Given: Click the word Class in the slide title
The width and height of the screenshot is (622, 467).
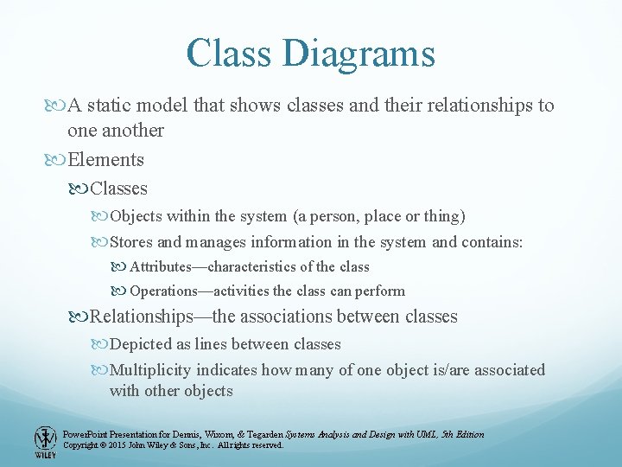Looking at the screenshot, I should pyautogui.click(x=227, y=53).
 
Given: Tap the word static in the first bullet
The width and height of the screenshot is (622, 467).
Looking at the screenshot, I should pyautogui.click(x=111, y=106).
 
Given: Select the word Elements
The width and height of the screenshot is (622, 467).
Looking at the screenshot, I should pyautogui.click(x=105, y=160).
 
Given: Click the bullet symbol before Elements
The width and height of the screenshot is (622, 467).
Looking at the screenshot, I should pyautogui.click(x=58, y=160).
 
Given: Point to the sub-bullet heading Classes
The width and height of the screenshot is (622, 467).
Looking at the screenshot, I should pyautogui.click(x=118, y=189).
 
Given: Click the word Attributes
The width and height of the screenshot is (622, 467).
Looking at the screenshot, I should pyautogui.click(x=165, y=266).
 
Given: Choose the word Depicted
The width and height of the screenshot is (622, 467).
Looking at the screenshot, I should pyautogui.click(x=140, y=344).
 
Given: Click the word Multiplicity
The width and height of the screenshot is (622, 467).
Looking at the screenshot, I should pyautogui.click(x=150, y=370).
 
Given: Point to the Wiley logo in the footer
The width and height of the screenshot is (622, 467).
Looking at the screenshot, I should pyautogui.click(x=45, y=441).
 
